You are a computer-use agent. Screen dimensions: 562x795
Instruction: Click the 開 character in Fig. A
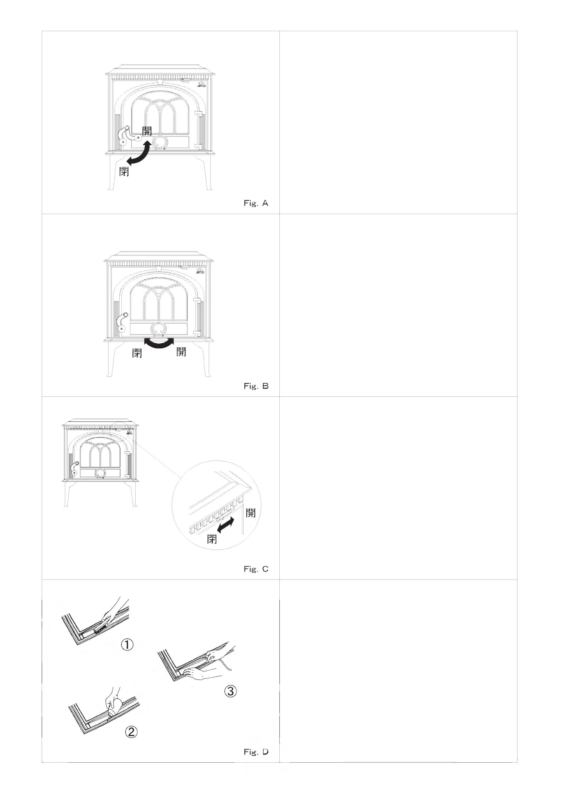(x=147, y=131)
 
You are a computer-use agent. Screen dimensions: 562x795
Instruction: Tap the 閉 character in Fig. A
(x=124, y=171)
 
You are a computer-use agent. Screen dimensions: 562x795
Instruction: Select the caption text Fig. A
(x=256, y=203)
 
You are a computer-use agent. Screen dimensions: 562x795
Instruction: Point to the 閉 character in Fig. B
(x=137, y=353)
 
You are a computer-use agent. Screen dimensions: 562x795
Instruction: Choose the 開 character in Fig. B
(x=181, y=351)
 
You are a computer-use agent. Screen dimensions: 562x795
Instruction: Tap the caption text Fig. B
(x=256, y=386)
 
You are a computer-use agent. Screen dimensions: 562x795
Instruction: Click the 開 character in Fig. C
(x=250, y=513)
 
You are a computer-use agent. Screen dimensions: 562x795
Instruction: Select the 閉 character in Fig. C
(x=212, y=539)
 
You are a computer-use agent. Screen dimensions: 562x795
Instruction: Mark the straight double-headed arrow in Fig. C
(x=225, y=525)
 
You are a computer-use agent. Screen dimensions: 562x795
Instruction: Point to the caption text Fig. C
(x=256, y=569)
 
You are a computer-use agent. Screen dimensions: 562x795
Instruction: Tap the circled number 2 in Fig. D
(x=131, y=732)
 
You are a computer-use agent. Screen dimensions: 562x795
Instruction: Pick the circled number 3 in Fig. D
(x=230, y=691)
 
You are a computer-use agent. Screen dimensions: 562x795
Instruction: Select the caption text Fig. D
(x=256, y=752)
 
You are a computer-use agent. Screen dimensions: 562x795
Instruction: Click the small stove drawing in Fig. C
(x=100, y=462)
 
